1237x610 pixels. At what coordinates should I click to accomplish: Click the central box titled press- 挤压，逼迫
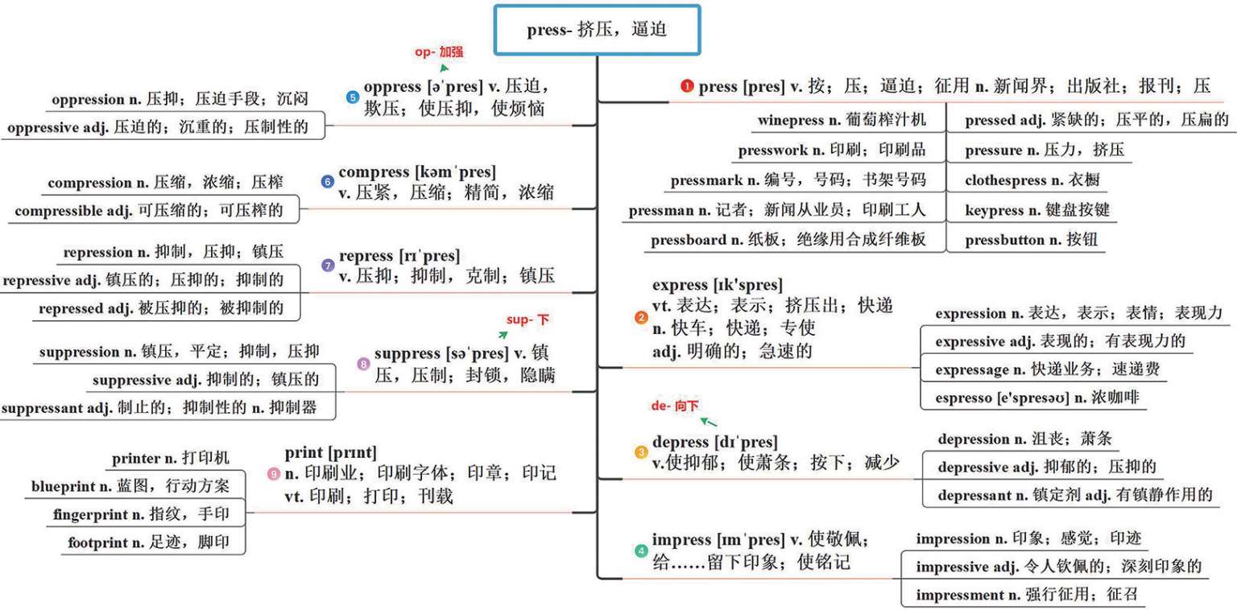(x=597, y=31)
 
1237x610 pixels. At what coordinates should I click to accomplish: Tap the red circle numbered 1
(x=686, y=86)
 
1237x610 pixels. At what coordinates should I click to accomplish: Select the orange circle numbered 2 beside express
(x=641, y=318)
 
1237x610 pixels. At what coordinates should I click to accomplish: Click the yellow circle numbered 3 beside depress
(x=641, y=452)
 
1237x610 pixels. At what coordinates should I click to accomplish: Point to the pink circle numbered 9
(x=274, y=474)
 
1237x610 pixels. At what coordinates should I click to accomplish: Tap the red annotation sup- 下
(x=530, y=320)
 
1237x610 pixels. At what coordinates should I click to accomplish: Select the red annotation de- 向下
(x=675, y=406)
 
